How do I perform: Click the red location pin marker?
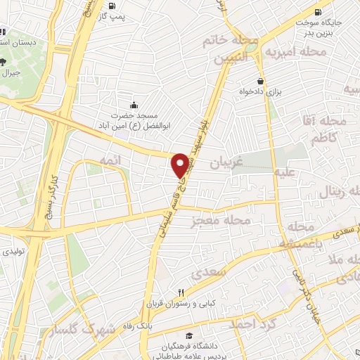click(x=181, y=165)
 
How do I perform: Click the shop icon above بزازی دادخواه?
click(x=259, y=80)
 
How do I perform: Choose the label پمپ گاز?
click(x=114, y=15)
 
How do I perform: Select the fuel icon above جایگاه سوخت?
click(x=318, y=12)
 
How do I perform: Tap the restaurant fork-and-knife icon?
click(x=181, y=293)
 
